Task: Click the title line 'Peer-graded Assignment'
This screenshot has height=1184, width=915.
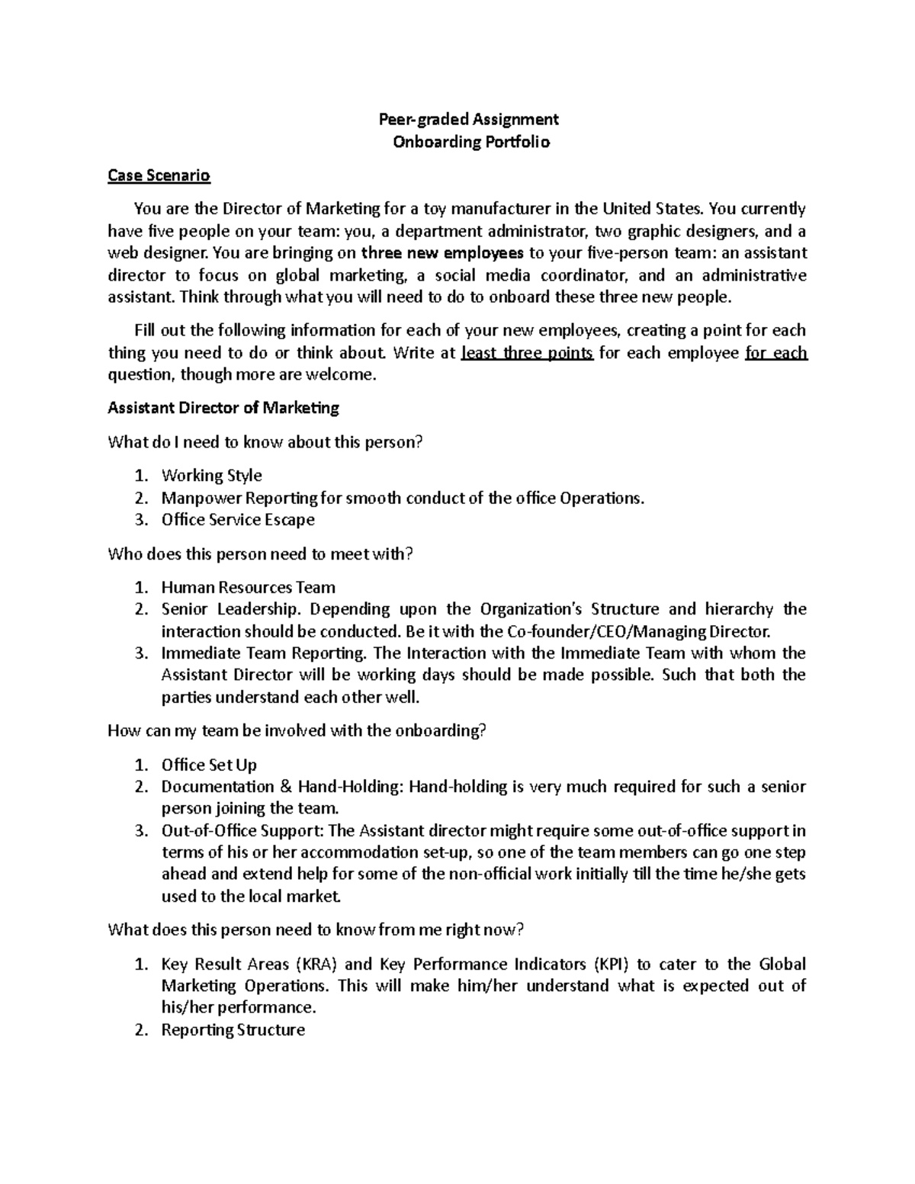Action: coord(469,119)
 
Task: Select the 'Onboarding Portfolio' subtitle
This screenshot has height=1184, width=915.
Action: coord(470,142)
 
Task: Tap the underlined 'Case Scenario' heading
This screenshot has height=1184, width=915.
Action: coord(159,176)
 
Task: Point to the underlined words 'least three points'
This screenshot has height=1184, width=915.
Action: coord(528,353)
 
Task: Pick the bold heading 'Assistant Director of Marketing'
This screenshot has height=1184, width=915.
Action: coord(223,408)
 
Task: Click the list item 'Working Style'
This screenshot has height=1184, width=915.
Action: coord(211,476)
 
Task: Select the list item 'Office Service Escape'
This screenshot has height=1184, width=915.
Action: coord(238,520)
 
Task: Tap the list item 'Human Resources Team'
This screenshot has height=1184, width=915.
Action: coord(248,588)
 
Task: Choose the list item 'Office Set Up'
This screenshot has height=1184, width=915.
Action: coord(209,765)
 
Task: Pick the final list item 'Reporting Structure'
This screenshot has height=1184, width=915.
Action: coord(233,1031)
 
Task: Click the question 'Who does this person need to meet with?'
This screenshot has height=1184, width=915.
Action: coord(260,554)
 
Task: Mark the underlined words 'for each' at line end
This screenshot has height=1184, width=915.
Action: coord(776,353)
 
